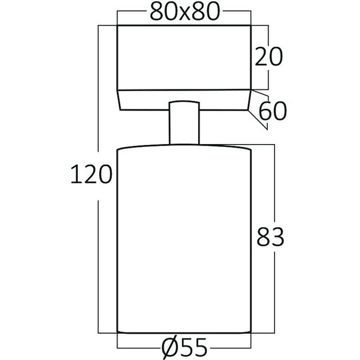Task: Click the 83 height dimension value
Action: pyautogui.click(x=269, y=237)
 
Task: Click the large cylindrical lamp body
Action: pyautogui.click(x=184, y=236)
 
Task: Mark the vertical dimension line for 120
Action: pyautogui.click(x=99, y=253)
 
